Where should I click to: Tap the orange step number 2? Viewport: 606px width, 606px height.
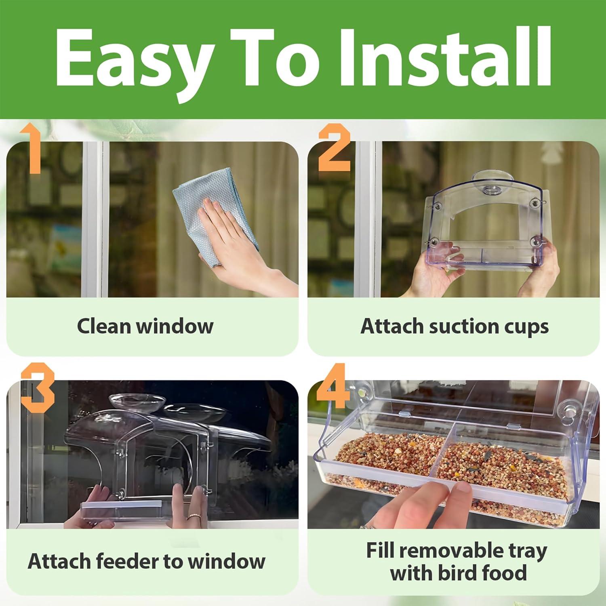pos(334,149)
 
